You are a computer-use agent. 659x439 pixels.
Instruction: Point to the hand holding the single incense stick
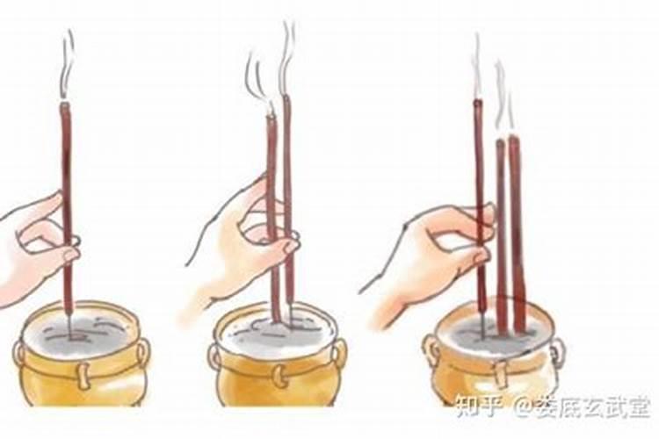pos(35,246)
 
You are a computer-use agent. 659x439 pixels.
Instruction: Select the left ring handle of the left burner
pos(19,354)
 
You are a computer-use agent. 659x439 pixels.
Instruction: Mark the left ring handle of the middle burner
pos(215,356)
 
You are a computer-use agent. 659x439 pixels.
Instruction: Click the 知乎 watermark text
pos(474,407)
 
